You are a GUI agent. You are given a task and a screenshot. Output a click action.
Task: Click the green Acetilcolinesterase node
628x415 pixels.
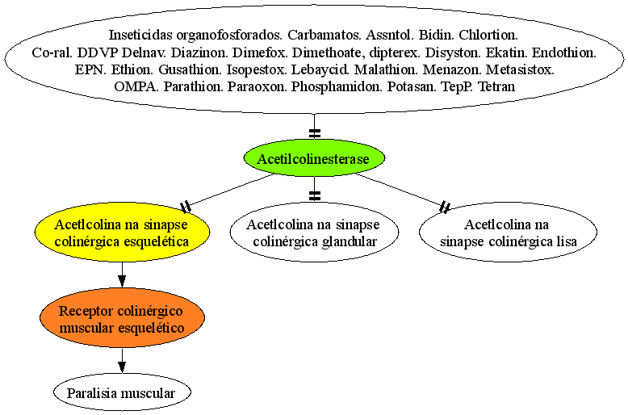314,158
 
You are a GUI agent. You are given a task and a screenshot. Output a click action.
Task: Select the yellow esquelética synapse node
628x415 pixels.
122,233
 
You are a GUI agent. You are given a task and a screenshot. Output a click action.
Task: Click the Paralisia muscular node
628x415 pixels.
122,392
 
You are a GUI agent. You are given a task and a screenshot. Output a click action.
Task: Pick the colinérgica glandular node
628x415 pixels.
314,233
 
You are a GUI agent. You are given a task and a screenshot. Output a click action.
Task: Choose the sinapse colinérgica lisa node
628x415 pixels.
509,233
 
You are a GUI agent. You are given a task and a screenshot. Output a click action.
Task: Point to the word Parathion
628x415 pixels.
194,86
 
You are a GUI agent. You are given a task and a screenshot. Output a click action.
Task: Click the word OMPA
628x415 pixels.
136,86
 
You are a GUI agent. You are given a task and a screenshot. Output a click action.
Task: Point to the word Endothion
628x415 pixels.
564,52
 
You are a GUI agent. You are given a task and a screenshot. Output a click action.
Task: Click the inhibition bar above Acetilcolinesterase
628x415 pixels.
315,133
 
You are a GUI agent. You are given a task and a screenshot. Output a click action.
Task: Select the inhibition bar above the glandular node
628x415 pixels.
315,196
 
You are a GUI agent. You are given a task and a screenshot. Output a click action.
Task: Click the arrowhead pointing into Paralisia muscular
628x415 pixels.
122,367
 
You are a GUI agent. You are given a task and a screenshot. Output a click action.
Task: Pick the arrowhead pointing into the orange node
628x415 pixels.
122,280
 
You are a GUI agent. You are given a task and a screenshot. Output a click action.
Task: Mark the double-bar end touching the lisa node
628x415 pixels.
445,207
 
